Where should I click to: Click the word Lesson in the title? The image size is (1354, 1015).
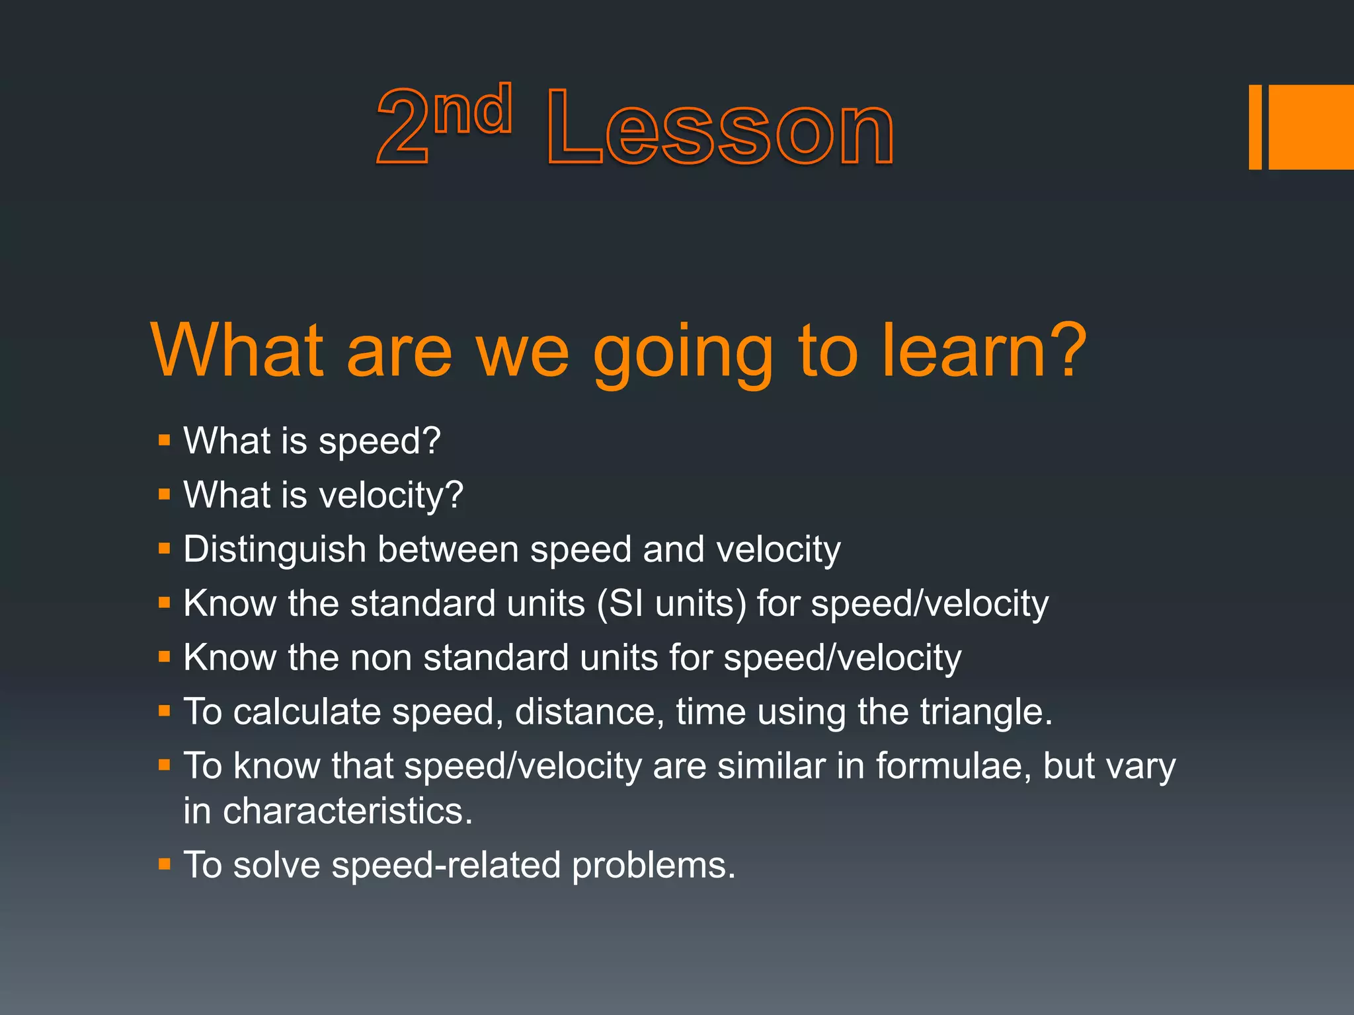[x=721, y=128]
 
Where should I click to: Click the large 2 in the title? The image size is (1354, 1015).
[x=402, y=128]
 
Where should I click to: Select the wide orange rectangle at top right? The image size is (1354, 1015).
[x=1311, y=127]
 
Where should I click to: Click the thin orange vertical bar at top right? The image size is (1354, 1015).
[x=1255, y=127]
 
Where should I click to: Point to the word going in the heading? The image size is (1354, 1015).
[x=683, y=353]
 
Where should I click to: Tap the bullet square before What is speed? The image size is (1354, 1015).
[x=165, y=440]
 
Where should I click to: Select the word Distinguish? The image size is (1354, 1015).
[x=274, y=550]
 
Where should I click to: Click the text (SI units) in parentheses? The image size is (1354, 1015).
[x=672, y=604]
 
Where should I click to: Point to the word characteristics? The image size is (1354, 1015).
[x=348, y=811]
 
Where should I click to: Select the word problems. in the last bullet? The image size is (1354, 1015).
[x=653, y=866]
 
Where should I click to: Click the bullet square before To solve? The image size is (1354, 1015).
[x=165, y=864]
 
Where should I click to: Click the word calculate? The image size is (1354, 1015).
[x=307, y=712]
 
